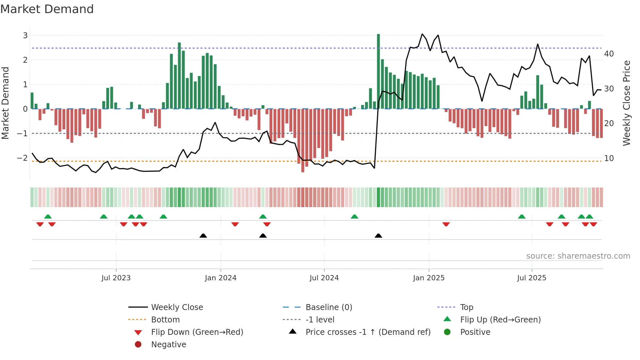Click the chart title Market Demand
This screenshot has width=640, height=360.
[x=47, y=9]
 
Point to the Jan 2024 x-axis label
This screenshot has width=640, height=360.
[x=220, y=278]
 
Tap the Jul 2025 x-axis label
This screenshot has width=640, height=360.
[x=531, y=278]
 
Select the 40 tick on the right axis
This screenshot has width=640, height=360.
[x=609, y=54]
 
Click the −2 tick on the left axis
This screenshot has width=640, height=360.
[x=23, y=158]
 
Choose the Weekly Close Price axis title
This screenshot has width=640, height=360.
[x=626, y=103]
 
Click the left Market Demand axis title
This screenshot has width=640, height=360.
[x=6, y=103]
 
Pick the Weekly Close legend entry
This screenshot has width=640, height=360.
[x=177, y=307]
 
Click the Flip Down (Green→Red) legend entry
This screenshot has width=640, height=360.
[x=197, y=332]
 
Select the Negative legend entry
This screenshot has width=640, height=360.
[x=168, y=345]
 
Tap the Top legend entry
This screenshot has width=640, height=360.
[x=466, y=307]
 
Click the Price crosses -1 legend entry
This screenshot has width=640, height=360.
[x=368, y=332]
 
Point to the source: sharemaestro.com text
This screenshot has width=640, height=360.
[x=578, y=256]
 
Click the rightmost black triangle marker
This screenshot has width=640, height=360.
[x=378, y=236]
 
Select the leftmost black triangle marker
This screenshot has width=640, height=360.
[x=203, y=236]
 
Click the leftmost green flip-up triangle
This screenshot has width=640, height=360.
[x=48, y=217]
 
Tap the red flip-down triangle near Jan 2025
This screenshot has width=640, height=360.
[x=446, y=224]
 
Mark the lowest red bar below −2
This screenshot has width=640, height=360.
[x=303, y=140]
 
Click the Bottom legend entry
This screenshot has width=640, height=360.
[x=165, y=320]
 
